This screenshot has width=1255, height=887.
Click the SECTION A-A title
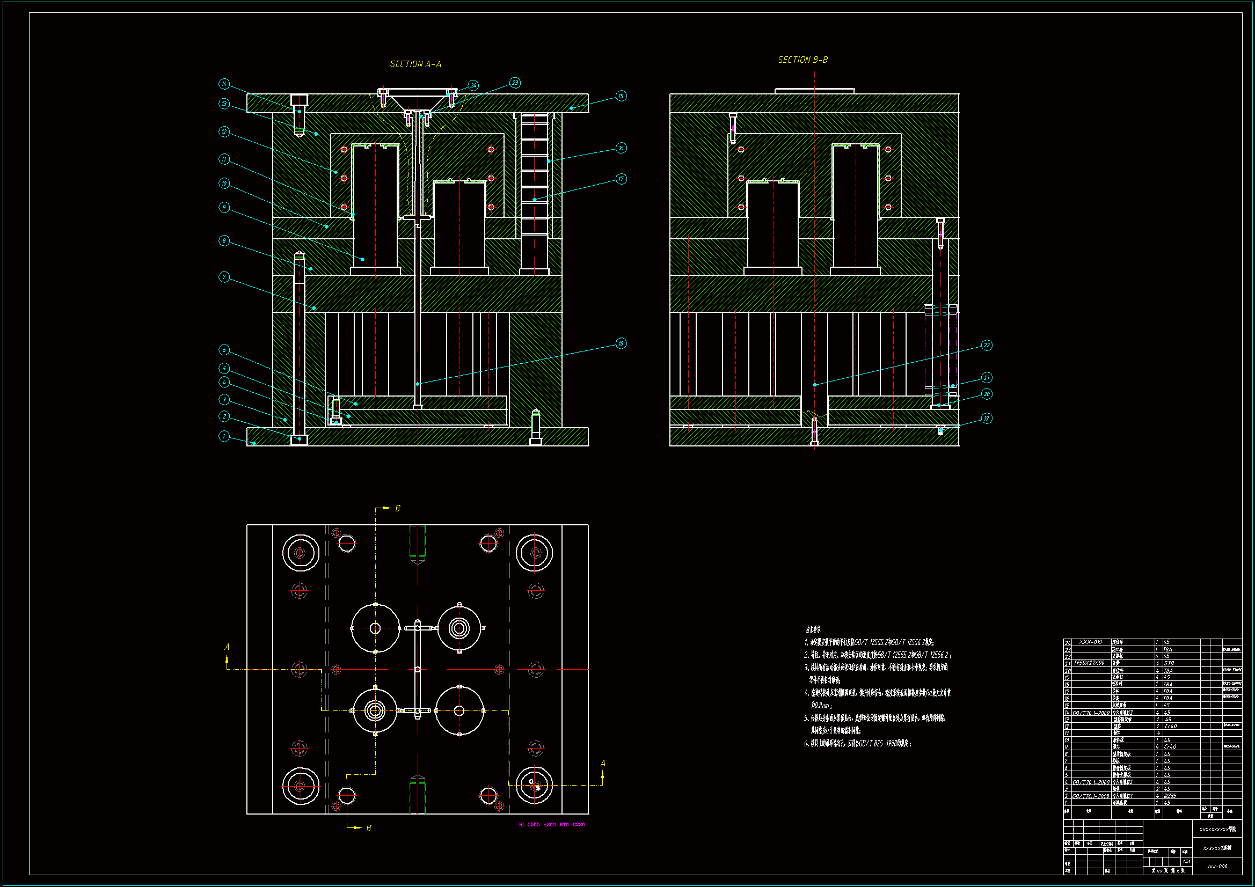click(x=415, y=64)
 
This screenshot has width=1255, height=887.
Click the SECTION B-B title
click(x=802, y=60)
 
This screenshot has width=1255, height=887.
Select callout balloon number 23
click(x=515, y=83)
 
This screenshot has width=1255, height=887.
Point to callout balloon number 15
click(x=621, y=96)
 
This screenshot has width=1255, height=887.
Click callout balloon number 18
click(x=621, y=343)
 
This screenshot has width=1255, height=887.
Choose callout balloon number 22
click(x=987, y=345)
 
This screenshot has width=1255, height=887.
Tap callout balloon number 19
click(x=986, y=418)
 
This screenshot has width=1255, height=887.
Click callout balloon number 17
click(x=621, y=179)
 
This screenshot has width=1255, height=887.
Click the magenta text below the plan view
click(x=551, y=824)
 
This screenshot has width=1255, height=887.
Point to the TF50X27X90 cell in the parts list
click(x=1089, y=663)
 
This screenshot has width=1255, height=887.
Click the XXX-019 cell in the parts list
click(x=1090, y=642)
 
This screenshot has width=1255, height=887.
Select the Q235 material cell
click(x=1170, y=796)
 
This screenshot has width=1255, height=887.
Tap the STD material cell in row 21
click(x=1169, y=663)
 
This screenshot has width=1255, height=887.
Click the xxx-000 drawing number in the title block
click(x=1217, y=866)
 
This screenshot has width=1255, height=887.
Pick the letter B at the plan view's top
click(x=397, y=508)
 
